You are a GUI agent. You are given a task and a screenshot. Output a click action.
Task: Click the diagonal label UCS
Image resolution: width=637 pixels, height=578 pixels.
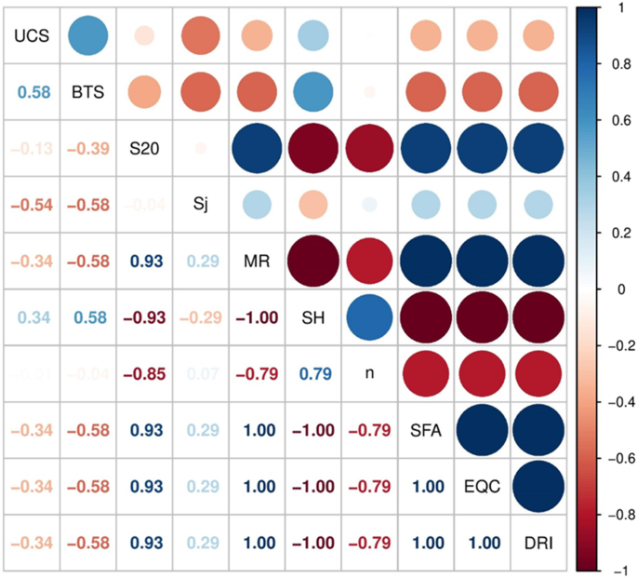31,35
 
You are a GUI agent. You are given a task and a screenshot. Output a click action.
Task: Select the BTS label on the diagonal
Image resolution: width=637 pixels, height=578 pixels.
87,92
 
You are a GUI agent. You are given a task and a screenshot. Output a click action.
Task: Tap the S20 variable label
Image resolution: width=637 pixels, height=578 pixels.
143,149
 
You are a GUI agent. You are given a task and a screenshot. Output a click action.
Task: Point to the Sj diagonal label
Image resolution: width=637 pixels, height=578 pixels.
199,205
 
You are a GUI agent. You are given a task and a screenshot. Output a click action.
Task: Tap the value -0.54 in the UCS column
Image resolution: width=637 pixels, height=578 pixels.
31,205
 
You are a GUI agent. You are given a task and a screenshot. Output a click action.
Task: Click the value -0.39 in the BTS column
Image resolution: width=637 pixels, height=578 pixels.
87,149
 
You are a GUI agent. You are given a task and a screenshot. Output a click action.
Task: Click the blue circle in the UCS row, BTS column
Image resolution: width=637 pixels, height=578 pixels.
87,35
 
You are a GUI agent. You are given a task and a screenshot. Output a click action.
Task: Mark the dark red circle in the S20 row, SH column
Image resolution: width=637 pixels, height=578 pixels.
312,149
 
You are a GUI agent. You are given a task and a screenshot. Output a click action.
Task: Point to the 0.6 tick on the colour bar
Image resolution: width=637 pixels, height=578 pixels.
619,120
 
